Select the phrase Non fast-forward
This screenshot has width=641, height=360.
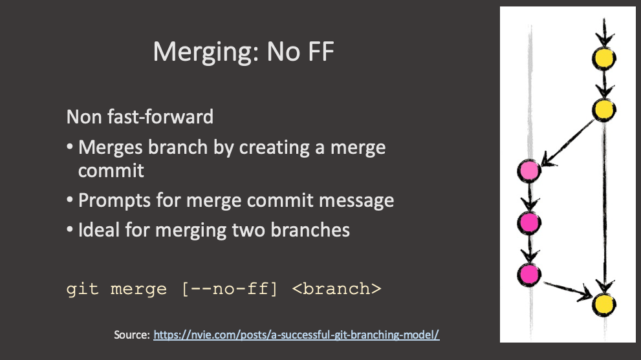click(x=140, y=117)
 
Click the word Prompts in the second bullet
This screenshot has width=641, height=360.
click(x=114, y=200)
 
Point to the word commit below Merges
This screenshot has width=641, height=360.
click(x=111, y=171)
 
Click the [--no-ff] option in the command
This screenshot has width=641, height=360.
click(x=230, y=288)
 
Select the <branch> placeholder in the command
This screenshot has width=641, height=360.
click(x=336, y=288)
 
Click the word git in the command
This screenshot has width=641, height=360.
click(x=83, y=288)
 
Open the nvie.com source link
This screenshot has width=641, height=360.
click(x=296, y=335)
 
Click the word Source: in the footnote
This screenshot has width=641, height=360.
click(x=132, y=335)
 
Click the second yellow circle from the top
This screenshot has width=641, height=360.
click(x=603, y=109)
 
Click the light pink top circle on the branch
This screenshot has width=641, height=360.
click(x=529, y=171)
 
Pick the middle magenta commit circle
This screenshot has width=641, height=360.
click(x=529, y=223)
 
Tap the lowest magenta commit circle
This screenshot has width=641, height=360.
click(x=529, y=274)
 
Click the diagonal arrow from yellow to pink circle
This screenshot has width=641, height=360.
click(x=569, y=142)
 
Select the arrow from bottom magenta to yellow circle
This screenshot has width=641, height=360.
click(x=567, y=289)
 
